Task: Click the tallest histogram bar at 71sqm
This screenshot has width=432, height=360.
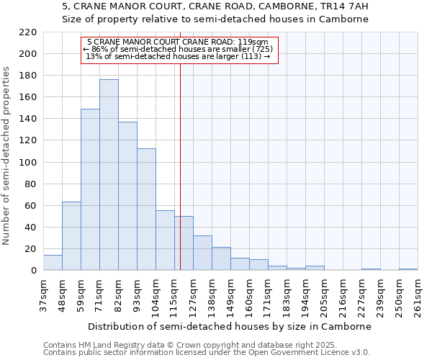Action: (x=109, y=175)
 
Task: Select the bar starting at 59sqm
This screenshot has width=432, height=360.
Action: (x=90, y=189)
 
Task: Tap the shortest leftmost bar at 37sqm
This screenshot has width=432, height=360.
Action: (x=53, y=263)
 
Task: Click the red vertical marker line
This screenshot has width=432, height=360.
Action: (x=180, y=166)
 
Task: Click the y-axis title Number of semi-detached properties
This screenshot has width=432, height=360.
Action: (x=7, y=156)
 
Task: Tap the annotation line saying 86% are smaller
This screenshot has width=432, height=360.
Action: (x=178, y=49)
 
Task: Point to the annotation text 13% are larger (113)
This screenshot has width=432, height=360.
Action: (x=178, y=56)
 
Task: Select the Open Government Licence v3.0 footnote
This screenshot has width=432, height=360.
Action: (x=207, y=352)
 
